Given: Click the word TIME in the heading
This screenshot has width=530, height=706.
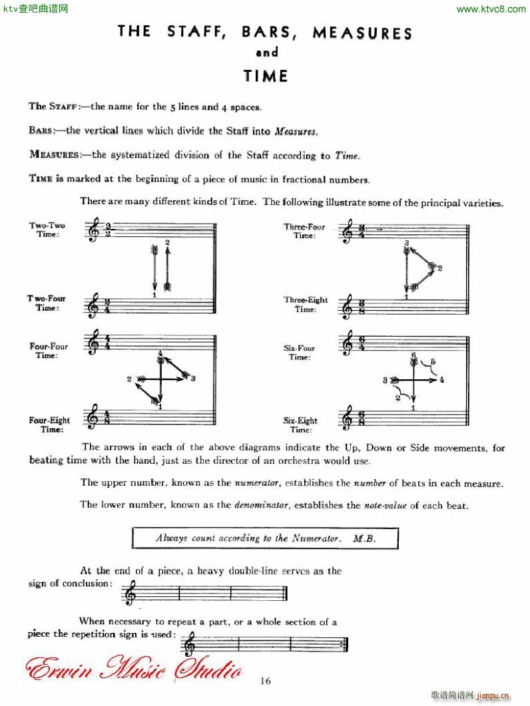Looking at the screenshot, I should tap(266, 76).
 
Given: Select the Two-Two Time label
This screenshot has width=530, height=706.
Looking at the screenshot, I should tap(47, 230).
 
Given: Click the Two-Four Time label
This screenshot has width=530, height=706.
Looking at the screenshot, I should tap(47, 303).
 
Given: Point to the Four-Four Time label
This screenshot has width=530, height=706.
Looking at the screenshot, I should tap(49, 351).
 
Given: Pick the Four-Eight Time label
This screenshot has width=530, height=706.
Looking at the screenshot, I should tap(49, 425).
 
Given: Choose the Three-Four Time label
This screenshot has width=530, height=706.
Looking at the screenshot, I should tap(304, 231).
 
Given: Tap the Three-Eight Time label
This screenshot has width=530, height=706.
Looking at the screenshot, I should tap(306, 304).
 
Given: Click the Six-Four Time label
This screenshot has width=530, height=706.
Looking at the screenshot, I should tap(300, 353).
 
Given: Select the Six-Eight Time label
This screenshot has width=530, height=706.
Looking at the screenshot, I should tap(300, 425).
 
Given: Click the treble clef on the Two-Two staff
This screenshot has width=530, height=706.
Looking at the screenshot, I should tap(94, 231).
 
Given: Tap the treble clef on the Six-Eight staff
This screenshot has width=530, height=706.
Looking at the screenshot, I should tap(347, 419).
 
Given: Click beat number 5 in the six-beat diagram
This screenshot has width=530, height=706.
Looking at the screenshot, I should tap(433, 362).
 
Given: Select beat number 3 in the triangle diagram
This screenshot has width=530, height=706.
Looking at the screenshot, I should tap(406, 244).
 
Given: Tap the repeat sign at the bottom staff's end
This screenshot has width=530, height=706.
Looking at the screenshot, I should tap(344, 644).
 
